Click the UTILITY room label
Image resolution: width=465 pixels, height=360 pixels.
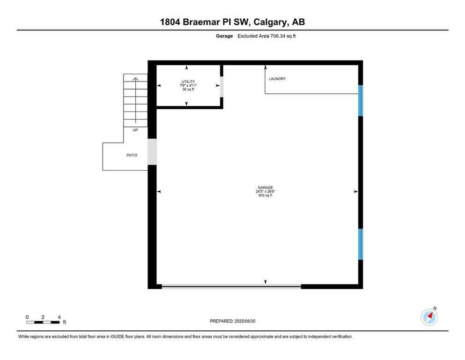coord(188,82)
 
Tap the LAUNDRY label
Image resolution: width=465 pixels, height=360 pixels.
coord(277,79)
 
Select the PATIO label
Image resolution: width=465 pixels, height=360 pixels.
coord(132,155)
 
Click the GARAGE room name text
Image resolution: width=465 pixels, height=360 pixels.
coord(265,187)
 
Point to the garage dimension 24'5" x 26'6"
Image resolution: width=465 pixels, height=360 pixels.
coord(265,191)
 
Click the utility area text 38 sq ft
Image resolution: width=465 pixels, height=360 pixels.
coord(188,89)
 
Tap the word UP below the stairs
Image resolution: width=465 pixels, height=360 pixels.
coord(135,130)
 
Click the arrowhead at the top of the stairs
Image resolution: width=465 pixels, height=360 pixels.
coord(136,79)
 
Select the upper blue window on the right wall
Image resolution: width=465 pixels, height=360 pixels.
coord(361,100)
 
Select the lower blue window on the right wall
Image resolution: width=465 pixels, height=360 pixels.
coord(361,244)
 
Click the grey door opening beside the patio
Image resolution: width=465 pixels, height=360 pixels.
coord(152,152)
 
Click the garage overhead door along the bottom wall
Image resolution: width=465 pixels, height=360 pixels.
coord(231,286)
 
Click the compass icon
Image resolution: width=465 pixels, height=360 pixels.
coord(429,317)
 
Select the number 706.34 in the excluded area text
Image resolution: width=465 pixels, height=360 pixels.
coord(275,36)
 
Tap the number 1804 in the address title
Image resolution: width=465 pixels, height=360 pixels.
coord(170,22)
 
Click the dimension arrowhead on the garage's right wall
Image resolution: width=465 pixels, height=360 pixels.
coord(356,192)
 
